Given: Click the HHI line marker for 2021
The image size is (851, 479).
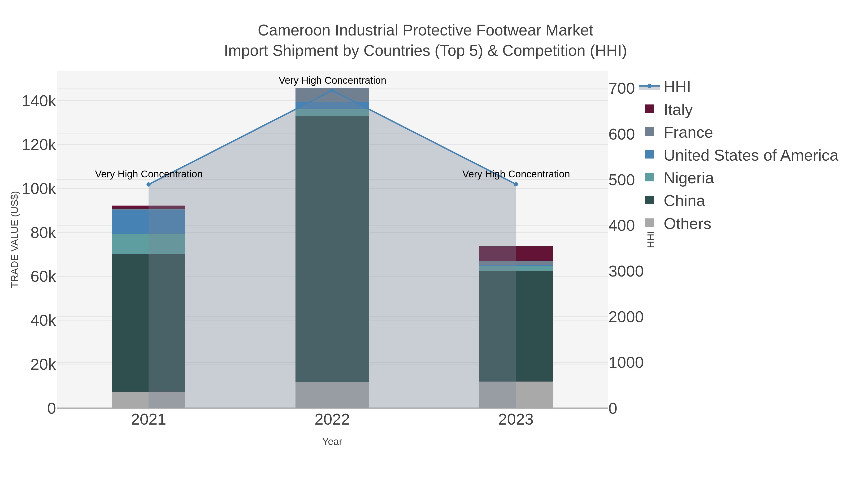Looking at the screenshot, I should click(x=148, y=185).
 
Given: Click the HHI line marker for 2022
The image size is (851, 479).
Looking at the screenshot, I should click(x=332, y=91).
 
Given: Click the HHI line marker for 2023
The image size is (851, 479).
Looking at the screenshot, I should click(x=516, y=184).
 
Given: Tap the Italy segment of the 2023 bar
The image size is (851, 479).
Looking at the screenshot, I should click(x=516, y=253).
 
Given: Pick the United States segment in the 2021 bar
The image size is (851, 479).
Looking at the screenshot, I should click(x=148, y=221).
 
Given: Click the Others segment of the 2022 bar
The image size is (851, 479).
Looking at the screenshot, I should click(x=332, y=395).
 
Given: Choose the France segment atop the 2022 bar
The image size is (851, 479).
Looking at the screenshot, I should click(x=332, y=95).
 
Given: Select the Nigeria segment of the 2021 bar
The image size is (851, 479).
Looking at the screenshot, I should click(x=148, y=244).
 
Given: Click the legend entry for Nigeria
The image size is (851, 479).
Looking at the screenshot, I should click(x=688, y=178).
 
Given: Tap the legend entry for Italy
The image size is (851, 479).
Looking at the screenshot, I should click(x=678, y=110).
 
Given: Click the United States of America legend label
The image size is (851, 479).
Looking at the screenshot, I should click(x=751, y=155).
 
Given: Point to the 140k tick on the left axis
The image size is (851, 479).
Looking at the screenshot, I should click(x=39, y=101).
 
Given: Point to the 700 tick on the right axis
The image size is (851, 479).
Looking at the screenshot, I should click(x=621, y=89).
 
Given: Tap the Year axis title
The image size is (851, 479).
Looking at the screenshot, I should click(x=332, y=442).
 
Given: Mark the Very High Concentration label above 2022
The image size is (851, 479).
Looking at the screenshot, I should click(x=332, y=80).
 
